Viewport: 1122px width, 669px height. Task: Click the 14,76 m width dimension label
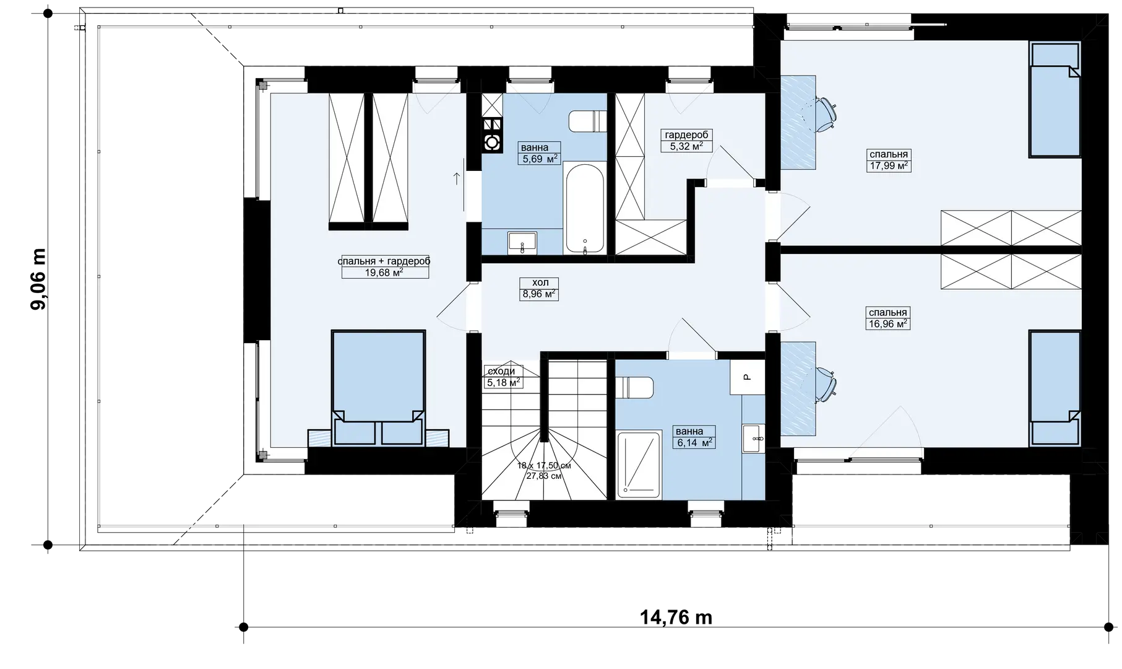676,618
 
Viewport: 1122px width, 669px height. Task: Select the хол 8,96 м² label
540,289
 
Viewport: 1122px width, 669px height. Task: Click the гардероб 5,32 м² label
687,141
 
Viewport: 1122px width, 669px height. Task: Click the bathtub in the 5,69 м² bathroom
584,208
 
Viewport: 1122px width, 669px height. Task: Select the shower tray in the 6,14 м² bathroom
639,465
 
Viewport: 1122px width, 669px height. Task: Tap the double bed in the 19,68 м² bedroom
378,387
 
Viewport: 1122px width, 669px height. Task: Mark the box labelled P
747,376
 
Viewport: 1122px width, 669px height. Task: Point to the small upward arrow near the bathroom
457,180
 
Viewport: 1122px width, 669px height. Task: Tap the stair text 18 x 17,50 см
544,465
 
